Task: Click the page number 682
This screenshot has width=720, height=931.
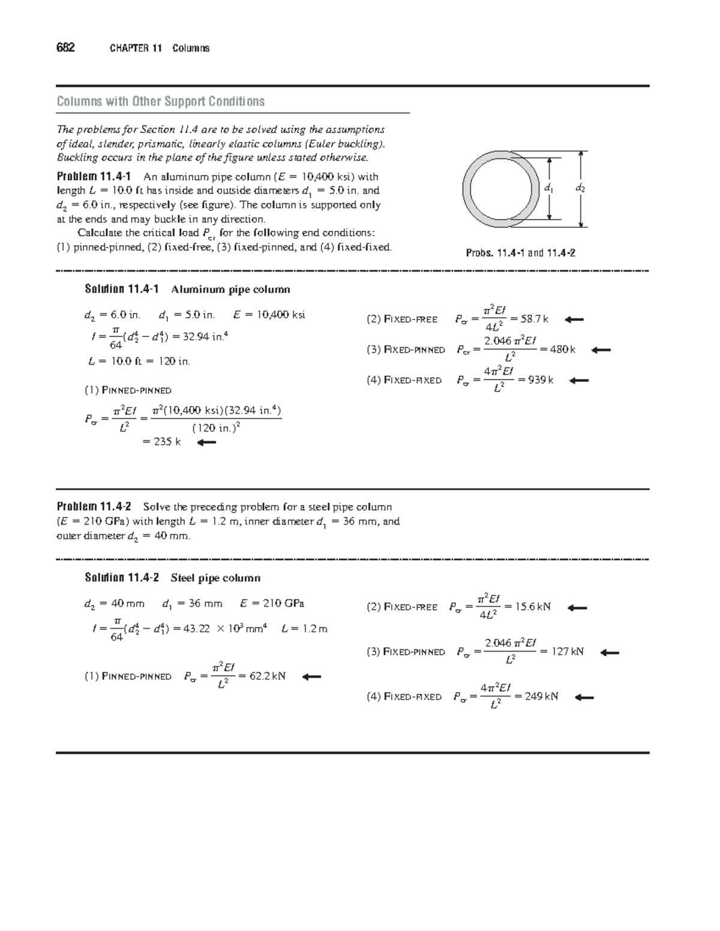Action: tap(65, 48)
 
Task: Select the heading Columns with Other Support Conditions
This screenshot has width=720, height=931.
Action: tap(160, 101)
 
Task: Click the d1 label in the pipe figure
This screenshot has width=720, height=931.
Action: tap(547, 188)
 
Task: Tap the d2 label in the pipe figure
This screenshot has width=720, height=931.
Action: tap(580, 188)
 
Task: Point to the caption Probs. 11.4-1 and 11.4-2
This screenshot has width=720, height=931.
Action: tap(521, 253)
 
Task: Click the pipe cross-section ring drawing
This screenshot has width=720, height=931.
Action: tap(500, 189)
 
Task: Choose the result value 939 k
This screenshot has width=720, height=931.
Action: tap(540, 379)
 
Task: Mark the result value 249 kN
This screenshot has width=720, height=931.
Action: tap(541, 696)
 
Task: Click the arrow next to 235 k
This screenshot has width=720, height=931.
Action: tap(206, 443)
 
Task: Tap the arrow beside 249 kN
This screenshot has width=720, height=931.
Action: tap(584, 697)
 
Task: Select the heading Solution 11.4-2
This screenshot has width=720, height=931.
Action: tap(122, 578)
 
